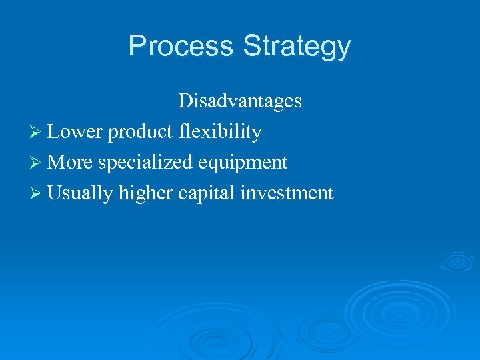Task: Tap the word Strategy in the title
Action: [x=297, y=47]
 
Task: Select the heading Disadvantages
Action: [x=239, y=101]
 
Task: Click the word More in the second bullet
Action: [x=71, y=163]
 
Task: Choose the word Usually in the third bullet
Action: [x=81, y=193]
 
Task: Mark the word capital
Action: [x=207, y=194]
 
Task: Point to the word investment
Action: [x=287, y=193]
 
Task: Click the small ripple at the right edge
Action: [x=458, y=261]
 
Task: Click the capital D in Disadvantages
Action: [x=185, y=101]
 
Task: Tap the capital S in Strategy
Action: [x=252, y=46]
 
